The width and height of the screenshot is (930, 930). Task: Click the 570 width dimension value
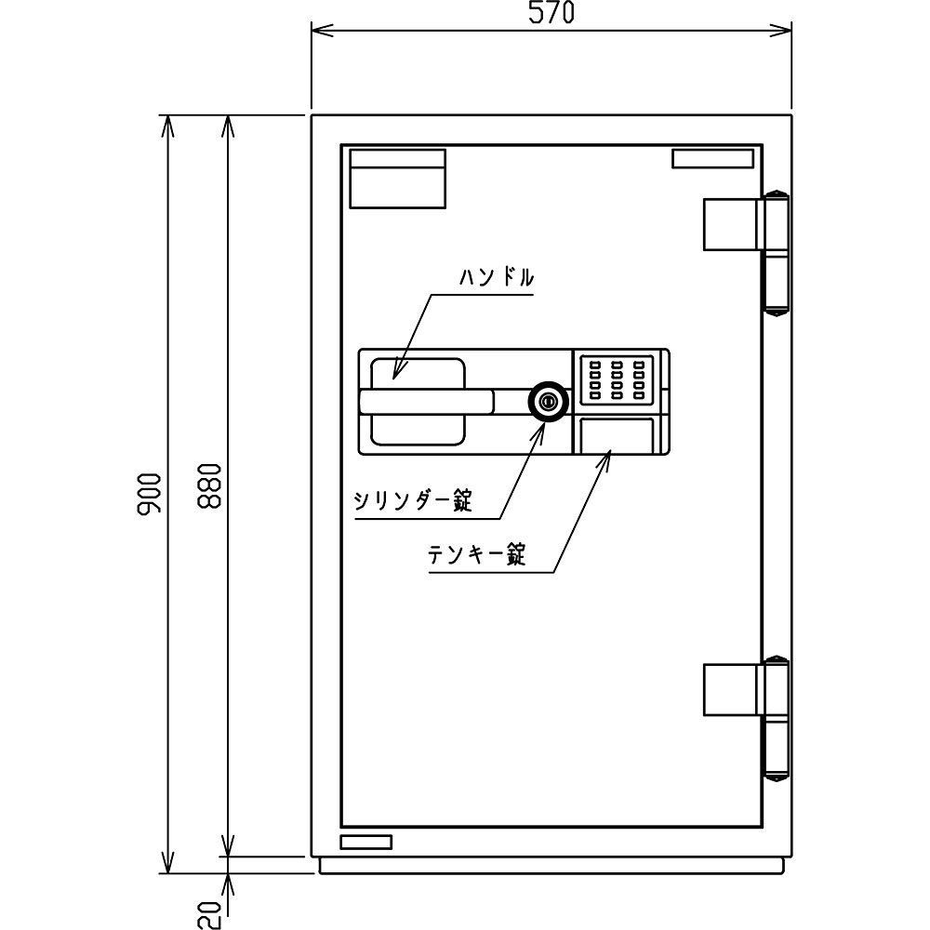click(551, 12)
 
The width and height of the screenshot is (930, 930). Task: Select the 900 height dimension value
click(149, 493)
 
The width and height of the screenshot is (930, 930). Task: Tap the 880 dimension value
click(209, 486)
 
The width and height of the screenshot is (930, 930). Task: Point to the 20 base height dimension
click(209, 914)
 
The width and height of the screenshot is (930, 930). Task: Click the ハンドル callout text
click(497, 277)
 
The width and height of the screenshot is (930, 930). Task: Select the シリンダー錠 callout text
click(413, 501)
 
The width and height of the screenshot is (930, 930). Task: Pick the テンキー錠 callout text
click(477, 554)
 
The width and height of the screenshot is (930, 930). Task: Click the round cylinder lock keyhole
click(549, 402)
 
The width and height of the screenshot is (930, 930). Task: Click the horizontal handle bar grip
click(426, 401)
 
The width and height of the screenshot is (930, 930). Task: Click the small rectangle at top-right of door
click(712, 159)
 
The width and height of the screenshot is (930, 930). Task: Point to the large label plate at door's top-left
click(397, 179)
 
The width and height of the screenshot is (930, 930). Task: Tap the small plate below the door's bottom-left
click(365, 842)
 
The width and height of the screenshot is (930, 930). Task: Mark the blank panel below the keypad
click(617, 435)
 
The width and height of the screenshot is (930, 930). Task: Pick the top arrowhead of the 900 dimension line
click(168, 126)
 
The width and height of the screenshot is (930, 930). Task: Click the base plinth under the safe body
click(551, 865)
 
